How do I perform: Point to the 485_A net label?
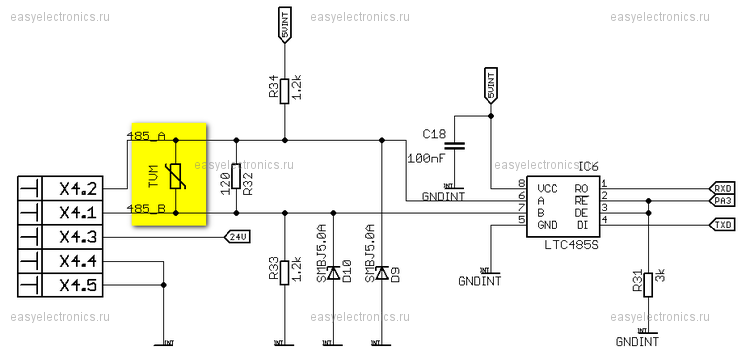[x=146, y=135]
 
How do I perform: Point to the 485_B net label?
[x=146, y=208]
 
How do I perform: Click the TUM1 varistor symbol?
[x=176, y=176]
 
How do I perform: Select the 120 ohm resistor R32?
[x=236, y=176]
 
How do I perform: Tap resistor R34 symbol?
[x=285, y=89]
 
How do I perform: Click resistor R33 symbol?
[x=285, y=270]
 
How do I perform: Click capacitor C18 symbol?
[x=455, y=146]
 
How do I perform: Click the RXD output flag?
[x=722, y=188]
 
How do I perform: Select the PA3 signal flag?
[x=722, y=200]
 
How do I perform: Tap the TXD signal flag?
[x=722, y=225]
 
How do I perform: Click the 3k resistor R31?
[x=648, y=283]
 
